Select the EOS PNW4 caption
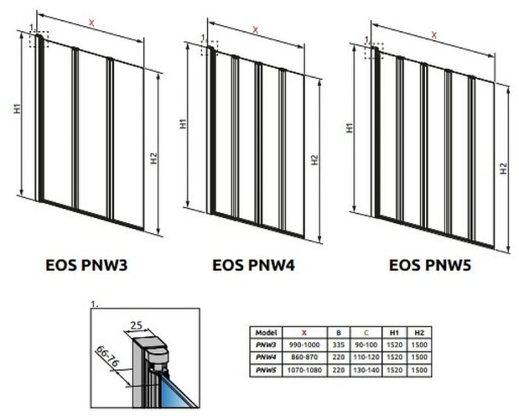(x=254, y=265)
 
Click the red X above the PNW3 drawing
(x=91, y=23)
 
